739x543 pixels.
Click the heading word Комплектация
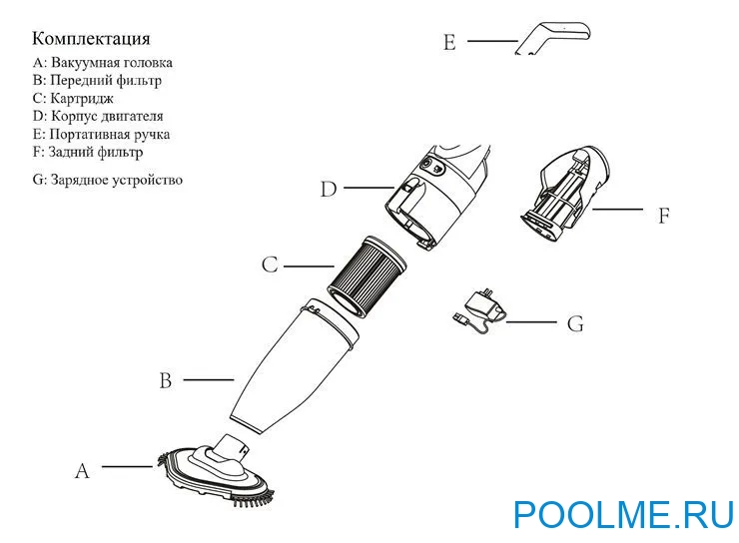pos(91,39)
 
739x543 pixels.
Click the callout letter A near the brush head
pos(83,471)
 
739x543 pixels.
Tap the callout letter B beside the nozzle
pos(166,381)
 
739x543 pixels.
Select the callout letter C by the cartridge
pos(269,266)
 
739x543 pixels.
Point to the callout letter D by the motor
pos(329,189)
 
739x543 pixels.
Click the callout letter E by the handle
pos(449,42)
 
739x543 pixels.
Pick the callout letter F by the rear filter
pos(663,215)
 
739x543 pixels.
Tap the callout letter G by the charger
pos(574,324)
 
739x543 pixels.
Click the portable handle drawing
pos(554,35)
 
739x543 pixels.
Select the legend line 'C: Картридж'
pos(73,98)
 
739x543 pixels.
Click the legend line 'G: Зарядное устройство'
pos(107,181)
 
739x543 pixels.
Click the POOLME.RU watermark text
pos(623,514)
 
